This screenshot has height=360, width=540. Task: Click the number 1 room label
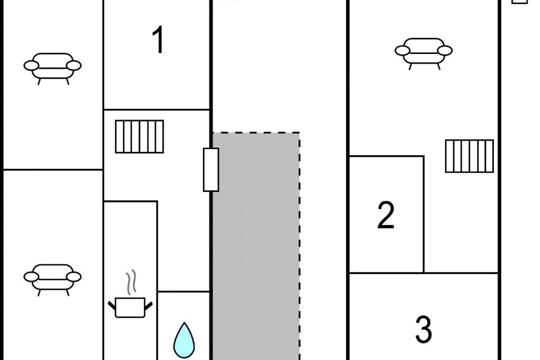[x=158, y=40]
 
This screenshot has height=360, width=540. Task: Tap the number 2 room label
[x=385, y=215]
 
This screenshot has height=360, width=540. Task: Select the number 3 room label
[x=423, y=329]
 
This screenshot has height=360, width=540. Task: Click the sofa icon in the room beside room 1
[x=52, y=67]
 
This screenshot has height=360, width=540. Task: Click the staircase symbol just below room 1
[x=139, y=136]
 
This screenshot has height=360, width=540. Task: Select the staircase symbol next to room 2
[x=469, y=156]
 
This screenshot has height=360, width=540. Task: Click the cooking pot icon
[x=130, y=306]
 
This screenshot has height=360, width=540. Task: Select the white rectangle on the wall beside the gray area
[x=211, y=169]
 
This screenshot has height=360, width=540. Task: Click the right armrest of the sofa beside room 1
[x=74, y=65]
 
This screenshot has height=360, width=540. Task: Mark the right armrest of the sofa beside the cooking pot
[x=74, y=276]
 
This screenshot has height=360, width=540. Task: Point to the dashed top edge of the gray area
[x=256, y=133]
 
